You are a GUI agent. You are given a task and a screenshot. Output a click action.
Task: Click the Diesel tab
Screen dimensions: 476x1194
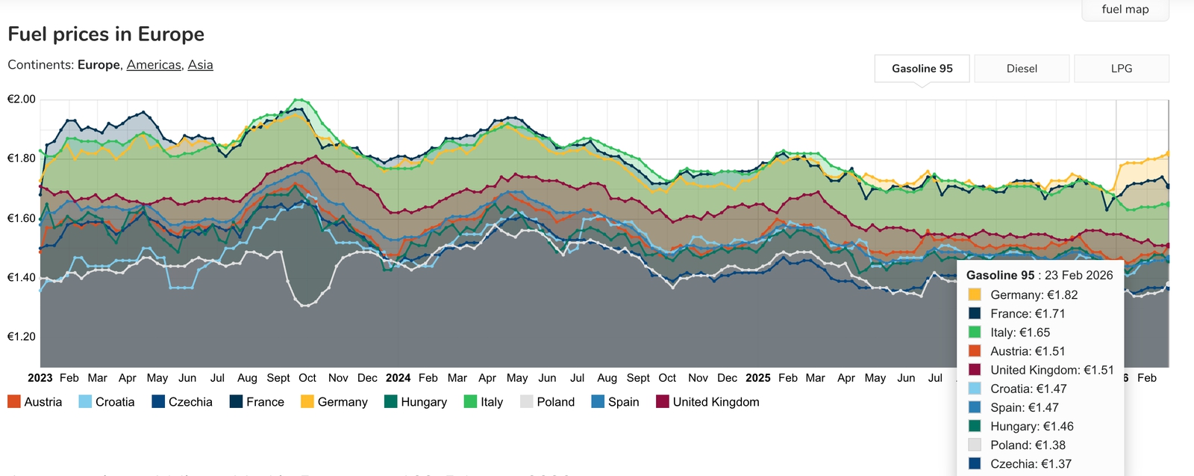click(1022, 69)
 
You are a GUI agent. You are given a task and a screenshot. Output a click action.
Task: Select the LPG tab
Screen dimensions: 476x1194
click(1121, 69)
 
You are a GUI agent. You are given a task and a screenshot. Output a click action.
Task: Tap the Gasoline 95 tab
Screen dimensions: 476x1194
click(922, 69)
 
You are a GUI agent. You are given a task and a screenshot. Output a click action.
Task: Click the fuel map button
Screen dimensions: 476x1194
click(1125, 10)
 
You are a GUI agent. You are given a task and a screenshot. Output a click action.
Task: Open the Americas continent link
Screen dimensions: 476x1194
click(154, 65)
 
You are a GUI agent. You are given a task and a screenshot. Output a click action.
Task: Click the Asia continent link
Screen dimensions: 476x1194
click(200, 65)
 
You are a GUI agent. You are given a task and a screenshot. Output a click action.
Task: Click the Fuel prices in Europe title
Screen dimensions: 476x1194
click(106, 34)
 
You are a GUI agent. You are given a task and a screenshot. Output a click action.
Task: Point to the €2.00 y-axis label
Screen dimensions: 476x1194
click(22, 99)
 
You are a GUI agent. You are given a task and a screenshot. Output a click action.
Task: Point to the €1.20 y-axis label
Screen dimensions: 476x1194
click(22, 336)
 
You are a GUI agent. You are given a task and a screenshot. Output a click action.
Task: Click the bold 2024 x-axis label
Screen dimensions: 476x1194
click(398, 378)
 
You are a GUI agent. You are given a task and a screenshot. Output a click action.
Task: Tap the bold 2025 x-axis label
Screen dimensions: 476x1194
click(757, 378)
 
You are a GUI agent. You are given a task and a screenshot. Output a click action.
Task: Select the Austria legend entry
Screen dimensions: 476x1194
click(35, 402)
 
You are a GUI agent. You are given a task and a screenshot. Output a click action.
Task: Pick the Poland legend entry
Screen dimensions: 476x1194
click(548, 402)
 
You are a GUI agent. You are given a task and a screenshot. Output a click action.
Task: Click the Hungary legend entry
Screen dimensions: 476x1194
click(416, 402)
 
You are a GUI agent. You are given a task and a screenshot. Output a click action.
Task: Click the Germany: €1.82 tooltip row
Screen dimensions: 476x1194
click(1034, 295)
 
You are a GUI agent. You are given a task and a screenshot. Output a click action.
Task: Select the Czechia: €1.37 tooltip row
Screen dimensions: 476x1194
click(1031, 464)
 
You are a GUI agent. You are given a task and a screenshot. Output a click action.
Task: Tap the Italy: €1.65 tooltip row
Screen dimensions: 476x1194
click(1019, 333)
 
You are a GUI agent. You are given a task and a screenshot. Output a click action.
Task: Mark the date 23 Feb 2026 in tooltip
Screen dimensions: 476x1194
click(1078, 275)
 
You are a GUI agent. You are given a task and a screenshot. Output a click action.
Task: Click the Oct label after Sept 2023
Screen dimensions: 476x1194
click(307, 378)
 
